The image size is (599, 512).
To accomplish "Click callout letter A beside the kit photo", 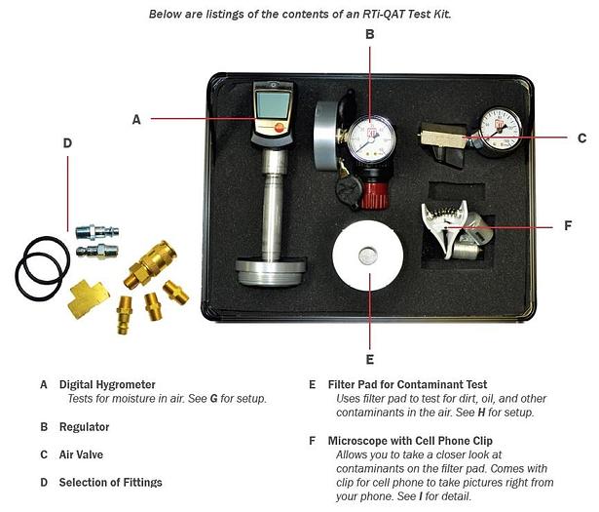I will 136,120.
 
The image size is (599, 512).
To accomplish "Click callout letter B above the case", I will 369,34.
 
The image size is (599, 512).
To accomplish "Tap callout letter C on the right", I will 581,138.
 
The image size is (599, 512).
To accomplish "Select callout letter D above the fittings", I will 67,143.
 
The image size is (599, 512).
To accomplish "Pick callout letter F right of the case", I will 568,225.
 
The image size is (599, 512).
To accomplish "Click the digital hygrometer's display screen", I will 272,102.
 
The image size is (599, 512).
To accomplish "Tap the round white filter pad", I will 367,258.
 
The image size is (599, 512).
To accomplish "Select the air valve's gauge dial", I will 500,129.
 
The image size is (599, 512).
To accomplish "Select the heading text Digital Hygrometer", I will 107,384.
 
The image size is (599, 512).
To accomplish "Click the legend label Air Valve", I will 81,454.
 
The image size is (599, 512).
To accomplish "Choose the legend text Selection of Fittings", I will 110,482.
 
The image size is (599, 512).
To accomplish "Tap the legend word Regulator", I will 84,427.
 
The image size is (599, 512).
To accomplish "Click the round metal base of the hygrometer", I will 271,270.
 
